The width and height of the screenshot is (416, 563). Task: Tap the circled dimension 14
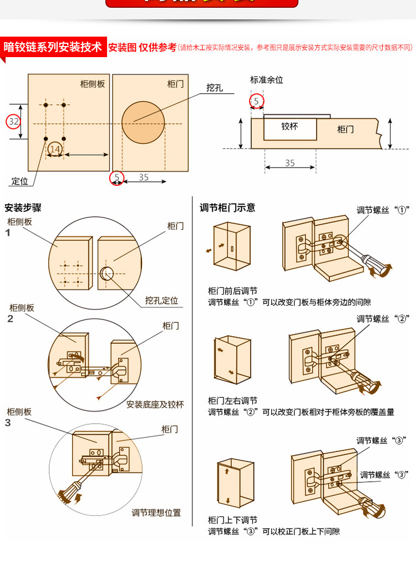point(54,149)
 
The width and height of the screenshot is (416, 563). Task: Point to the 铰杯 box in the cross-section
point(290,126)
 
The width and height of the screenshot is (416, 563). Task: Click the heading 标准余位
point(266,80)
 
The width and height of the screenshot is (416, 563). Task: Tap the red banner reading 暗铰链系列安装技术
point(53,47)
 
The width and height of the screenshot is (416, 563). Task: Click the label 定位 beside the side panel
point(19,181)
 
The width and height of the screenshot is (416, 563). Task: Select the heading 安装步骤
point(23,209)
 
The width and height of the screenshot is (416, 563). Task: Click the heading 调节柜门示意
point(227,208)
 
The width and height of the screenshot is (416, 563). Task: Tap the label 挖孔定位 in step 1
point(162,301)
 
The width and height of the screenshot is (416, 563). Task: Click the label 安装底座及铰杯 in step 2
point(155,404)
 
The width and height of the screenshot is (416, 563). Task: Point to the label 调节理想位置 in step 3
point(156,513)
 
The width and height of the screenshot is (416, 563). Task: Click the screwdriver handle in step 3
point(68,491)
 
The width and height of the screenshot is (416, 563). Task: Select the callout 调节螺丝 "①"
point(382,210)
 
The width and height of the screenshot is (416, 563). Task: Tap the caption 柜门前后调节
point(232,291)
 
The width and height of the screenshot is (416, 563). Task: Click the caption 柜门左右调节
point(232,400)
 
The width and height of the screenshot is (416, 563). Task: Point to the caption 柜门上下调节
point(232,520)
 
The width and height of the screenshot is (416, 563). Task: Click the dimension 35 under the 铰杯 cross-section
point(290,163)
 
